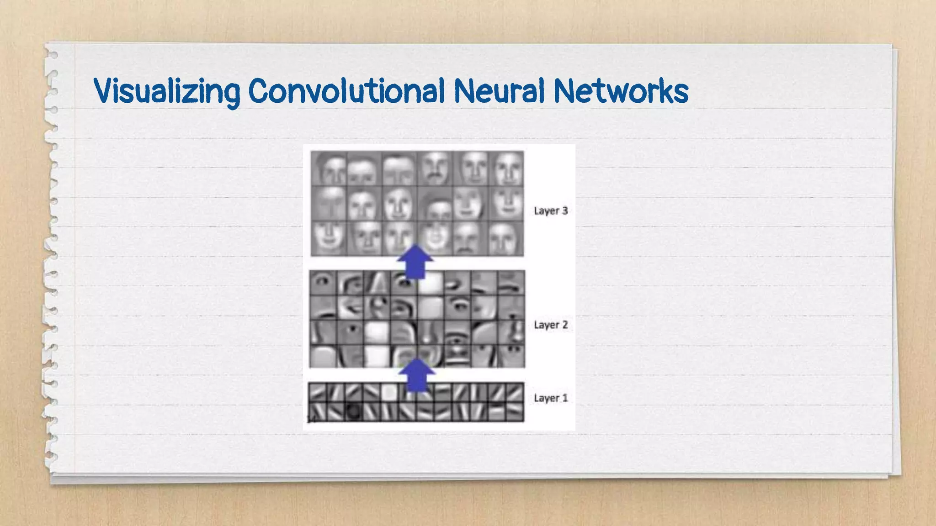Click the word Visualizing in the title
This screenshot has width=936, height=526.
point(167,91)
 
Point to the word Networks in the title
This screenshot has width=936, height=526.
point(621,91)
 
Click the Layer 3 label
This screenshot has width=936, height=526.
point(551,210)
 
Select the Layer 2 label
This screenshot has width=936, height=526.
point(551,325)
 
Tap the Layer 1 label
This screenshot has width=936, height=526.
point(551,398)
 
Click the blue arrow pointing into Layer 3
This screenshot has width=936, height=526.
point(415,262)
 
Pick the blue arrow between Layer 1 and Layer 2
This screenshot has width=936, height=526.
point(416,375)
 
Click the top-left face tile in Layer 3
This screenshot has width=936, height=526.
point(329,168)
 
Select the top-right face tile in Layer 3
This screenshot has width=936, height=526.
point(506,168)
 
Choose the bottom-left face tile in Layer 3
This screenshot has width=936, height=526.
point(329,238)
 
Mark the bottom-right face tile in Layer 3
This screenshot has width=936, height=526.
point(506,238)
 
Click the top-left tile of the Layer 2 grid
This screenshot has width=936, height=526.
point(323,283)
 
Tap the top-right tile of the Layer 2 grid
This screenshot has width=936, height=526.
point(511,283)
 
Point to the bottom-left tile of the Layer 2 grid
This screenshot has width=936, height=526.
point(323,356)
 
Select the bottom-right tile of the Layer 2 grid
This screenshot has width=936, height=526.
point(511,356)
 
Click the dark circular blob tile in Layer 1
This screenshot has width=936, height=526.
point(354,412)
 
